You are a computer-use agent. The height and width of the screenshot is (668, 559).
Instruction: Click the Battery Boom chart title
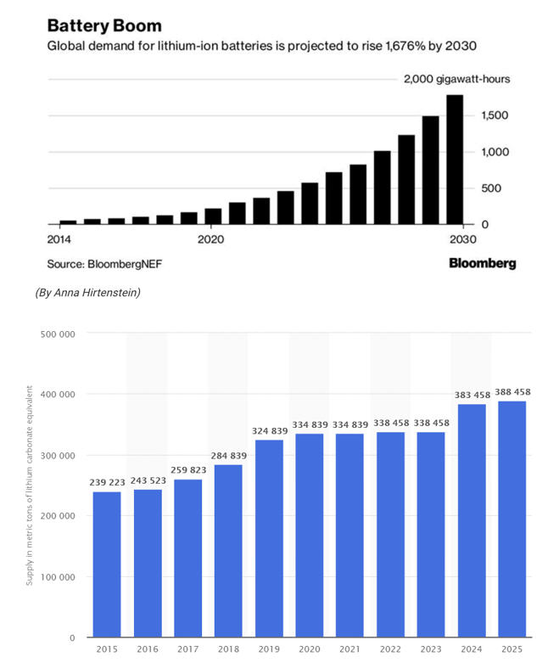click(105, 25)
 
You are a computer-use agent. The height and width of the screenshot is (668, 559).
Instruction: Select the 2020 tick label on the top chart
click(210, 239)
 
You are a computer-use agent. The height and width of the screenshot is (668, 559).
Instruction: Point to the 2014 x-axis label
click(60, 239)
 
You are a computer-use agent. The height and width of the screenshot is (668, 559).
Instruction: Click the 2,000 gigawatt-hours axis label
click(456, 79)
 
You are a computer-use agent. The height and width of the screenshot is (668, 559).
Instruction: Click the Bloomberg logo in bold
click(482, 263)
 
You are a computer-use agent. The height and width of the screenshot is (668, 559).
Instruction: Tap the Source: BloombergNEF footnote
click(104, 264)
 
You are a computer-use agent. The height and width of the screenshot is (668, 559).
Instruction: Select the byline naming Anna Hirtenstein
click(87, 293)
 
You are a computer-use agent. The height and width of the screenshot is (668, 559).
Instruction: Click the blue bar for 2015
click(107, 564)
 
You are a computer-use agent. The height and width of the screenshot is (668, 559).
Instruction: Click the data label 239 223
click(107, 483)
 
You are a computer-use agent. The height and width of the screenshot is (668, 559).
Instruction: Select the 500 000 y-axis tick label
click(59, 334)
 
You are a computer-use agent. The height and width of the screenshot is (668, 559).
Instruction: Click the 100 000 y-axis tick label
click(59, 577)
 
